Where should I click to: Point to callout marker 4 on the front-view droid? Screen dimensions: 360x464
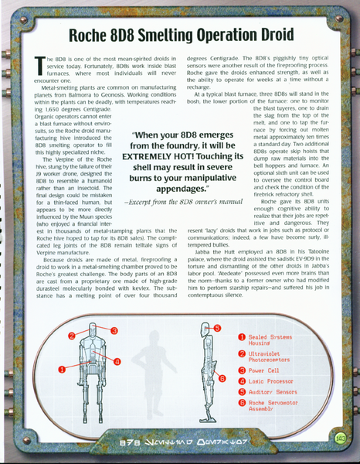[117, 361]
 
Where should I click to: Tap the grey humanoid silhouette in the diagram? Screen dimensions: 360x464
[155, 370]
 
